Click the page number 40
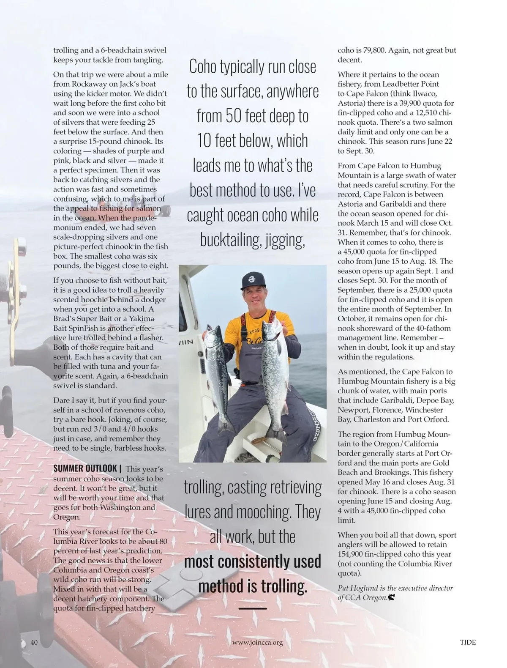point(34,642)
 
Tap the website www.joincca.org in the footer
point(257,643)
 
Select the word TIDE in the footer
point(468,642)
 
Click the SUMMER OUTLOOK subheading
point(85,468)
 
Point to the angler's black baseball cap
point(253,281)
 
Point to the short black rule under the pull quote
point(253,608)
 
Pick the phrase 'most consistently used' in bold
point(253,561)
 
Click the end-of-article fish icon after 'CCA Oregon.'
point(392,598)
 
